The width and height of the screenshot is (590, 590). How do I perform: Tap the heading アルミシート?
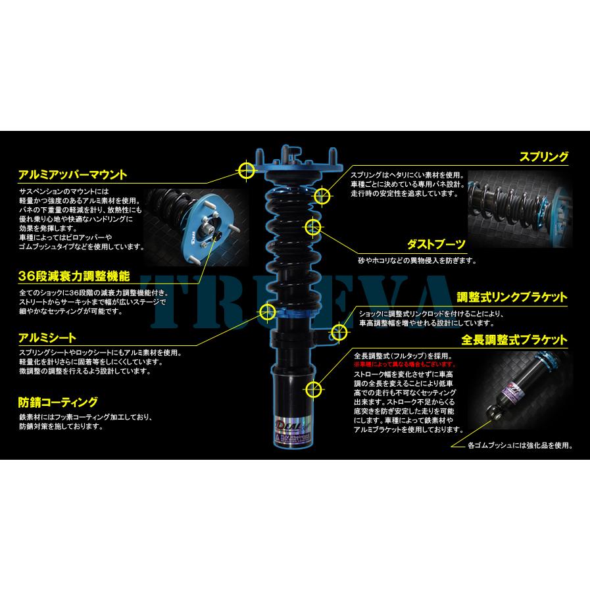[x=47, y=337]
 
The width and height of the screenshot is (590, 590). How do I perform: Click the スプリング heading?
[x=544, y=158]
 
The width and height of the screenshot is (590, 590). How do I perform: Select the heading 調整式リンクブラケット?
[x=513, y=297]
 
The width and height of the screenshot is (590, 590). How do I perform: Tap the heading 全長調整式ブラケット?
[x=514, y=340]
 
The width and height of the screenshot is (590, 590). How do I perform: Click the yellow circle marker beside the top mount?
[x=247, y=170]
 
